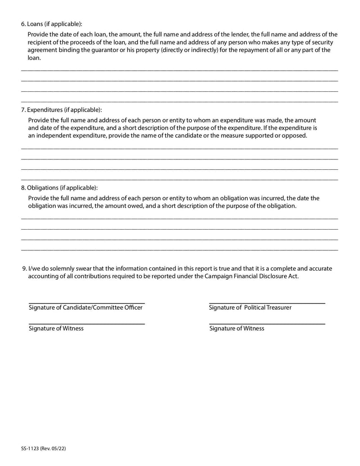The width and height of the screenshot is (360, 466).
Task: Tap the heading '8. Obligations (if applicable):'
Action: [x=59, y=187]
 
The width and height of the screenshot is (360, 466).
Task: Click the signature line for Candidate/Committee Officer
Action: [x=86, y=302]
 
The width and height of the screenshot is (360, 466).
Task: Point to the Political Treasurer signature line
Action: [x=267, y=303]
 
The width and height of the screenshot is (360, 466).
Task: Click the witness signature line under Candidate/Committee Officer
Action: [x=86, y=323]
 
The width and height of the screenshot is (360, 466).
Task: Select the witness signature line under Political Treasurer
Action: [x=267, y=323]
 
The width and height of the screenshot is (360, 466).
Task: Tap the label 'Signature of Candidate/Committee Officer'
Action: [x=85, y=308]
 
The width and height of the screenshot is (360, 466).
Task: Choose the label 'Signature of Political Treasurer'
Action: [x=250, y=308]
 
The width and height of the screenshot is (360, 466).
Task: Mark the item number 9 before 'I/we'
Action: [x=24, y=268]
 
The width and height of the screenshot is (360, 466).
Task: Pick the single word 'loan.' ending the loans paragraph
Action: [x=34, y=58]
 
